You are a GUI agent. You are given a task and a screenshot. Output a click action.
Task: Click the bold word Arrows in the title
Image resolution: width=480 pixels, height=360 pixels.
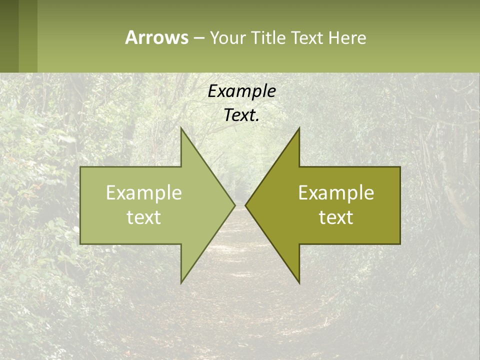(156, 37)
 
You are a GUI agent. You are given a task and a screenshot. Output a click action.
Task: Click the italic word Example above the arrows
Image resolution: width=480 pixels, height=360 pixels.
(241, 91)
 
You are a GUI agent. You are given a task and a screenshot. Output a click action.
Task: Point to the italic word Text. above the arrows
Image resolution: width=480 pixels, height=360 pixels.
(241, 115)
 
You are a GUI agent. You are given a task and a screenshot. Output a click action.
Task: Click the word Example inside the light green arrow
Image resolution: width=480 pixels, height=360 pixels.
(144, 192)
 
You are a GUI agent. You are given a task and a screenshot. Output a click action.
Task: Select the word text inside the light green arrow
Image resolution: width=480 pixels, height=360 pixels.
(144, 217)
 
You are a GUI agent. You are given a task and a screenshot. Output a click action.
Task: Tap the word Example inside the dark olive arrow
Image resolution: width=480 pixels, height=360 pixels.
(336, 192)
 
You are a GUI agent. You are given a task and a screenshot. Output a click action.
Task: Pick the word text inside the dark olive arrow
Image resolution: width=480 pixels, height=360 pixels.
(336, 217)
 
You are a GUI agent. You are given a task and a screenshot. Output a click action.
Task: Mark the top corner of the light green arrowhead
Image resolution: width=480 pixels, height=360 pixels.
(181, 129)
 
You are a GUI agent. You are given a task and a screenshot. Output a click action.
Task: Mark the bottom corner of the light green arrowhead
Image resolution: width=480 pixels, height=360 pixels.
(181, 282)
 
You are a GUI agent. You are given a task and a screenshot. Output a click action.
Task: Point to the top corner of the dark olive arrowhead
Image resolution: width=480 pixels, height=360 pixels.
(299, 129)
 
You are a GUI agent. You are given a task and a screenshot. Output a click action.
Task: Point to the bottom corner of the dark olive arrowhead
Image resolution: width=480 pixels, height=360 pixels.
(299, 282)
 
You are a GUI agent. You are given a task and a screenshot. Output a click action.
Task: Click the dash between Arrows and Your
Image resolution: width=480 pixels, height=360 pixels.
(198, 38)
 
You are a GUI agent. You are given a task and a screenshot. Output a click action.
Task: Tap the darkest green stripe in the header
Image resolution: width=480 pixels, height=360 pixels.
(9, 36)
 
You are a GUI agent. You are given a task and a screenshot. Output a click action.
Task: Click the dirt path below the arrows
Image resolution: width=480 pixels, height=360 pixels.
(240, 310)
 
